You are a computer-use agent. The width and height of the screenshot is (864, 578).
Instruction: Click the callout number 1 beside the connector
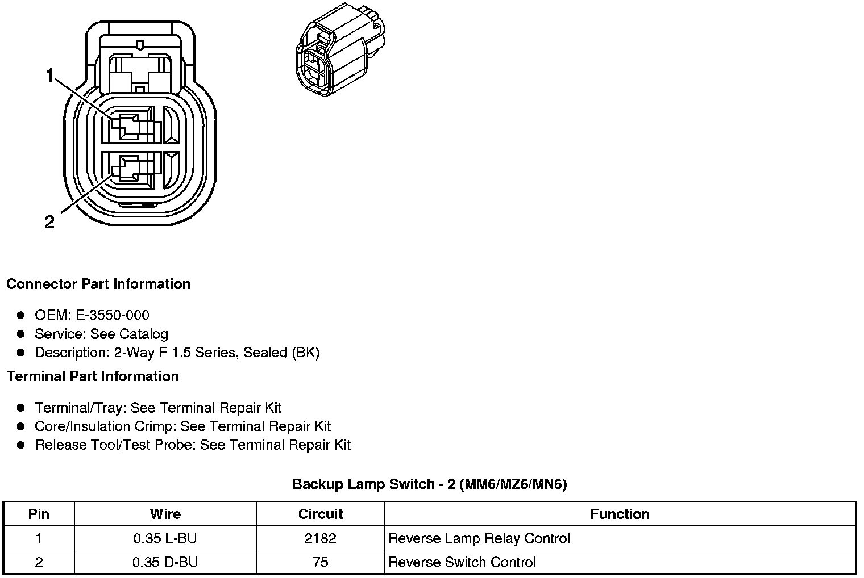(50, 76)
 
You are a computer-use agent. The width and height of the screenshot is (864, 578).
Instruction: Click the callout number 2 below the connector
(50, 222)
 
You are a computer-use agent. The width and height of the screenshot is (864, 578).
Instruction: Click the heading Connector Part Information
(98, 284)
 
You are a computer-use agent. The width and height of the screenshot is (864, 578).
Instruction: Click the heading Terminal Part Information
(93, 376)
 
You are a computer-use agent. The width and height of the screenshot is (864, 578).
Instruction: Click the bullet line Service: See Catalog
(101, 334)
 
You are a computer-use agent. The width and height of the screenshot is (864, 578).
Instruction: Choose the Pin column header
(39, 514)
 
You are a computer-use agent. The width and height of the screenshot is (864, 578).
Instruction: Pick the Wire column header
(165, 514)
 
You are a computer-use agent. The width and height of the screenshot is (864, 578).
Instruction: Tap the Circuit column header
(320, 514)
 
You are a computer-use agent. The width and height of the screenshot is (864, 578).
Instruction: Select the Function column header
(620, 514)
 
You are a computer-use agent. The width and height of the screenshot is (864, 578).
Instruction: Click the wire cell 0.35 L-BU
(165, 538)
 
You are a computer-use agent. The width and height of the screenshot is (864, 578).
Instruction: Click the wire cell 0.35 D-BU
(165, 562)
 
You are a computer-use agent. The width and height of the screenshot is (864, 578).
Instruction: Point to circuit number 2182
(320, 538)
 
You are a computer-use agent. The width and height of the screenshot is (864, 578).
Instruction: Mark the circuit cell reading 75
(320, 562)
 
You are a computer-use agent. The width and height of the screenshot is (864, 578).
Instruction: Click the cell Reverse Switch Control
(462, 562)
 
